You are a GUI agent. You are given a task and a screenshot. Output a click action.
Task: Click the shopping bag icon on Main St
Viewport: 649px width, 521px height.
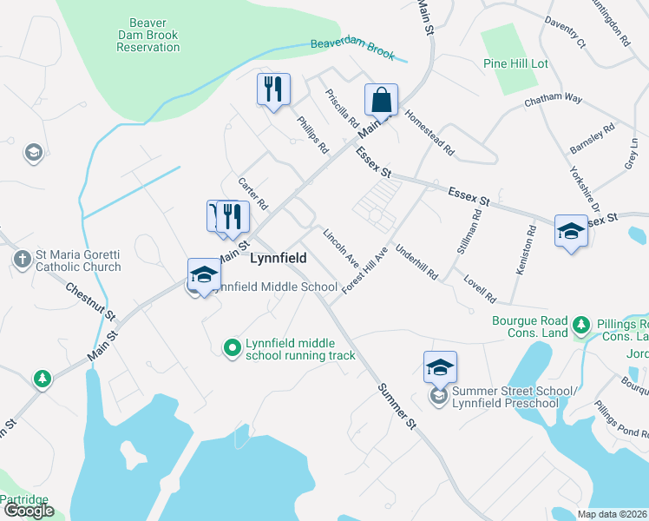(382, 100)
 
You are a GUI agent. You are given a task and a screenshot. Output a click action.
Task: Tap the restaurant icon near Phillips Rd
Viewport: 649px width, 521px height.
(273, 89)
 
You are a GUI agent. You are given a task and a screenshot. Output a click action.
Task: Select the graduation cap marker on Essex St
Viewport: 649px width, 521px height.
(571, 231)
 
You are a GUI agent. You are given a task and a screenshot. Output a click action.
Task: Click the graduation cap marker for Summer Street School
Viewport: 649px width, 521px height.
(440, 368)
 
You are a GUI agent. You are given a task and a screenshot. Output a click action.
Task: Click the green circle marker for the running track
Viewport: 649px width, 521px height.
(232, 348)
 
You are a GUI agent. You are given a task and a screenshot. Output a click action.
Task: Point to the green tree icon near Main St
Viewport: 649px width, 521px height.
(41, 379)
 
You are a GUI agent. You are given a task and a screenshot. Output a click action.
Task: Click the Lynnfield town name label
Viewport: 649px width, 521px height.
(280, 259)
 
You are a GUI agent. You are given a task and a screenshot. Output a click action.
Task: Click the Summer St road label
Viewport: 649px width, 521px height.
(397, 406)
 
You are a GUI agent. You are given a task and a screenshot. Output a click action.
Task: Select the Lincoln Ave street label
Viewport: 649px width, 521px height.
(340, 247)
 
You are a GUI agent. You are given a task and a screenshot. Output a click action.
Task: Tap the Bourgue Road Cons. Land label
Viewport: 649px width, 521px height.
(519, 327)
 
